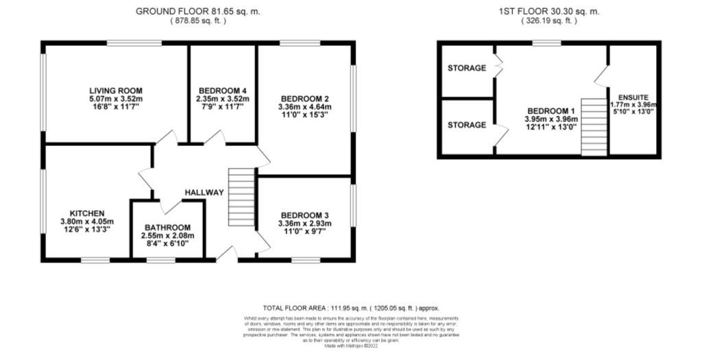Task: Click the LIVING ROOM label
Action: [115, 91]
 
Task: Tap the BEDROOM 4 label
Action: [222, 91]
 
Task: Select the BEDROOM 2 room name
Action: [304, 98]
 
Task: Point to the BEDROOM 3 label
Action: [304, 215]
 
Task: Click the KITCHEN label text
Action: [86, 213]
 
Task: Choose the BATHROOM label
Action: [167, 228]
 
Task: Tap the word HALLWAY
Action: [204, 193]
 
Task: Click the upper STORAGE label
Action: [467, 68]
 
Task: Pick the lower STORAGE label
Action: [467, 125]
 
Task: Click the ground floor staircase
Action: [241, 199]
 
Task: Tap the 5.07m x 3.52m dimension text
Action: [115, 99]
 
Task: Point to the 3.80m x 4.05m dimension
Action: [86, 221]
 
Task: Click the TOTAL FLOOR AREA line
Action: [350, 308]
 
